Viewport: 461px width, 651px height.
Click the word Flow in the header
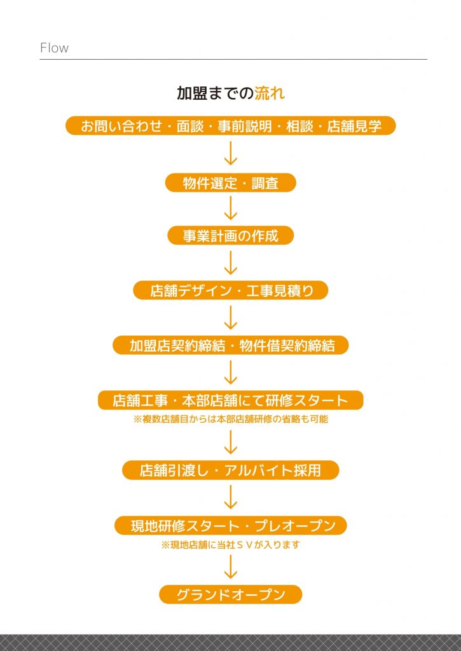pos(55,48)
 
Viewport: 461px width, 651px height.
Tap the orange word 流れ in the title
pos(270,93)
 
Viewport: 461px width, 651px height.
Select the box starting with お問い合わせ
pos(230,125)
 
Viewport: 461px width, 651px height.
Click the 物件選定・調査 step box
pos(230,182)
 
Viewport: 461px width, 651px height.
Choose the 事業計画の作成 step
pos(230,235)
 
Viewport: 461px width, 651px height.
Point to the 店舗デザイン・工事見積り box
pos(230,290)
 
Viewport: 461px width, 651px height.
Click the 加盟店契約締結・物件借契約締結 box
pos(230,345)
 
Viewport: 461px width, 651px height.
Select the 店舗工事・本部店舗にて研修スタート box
pos(230,401)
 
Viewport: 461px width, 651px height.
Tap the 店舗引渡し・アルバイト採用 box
pos(230,470)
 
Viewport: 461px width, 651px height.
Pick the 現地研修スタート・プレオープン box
pos(230,525)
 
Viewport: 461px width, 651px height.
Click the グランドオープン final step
pos(230,594)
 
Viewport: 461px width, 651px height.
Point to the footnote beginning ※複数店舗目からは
pos(230,419)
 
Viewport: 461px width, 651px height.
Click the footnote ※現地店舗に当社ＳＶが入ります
pos(230,545)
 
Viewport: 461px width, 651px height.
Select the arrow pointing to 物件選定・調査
pos(230,154)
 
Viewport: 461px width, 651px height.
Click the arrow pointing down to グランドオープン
pos(230,567)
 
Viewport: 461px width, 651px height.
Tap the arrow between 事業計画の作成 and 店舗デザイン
pos(230,263)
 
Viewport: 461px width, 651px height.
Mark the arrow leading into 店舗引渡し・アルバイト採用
pos(230,442)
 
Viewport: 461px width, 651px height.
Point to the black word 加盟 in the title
pos(192,93)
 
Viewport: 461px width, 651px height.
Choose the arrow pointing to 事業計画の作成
pos(230,208)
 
